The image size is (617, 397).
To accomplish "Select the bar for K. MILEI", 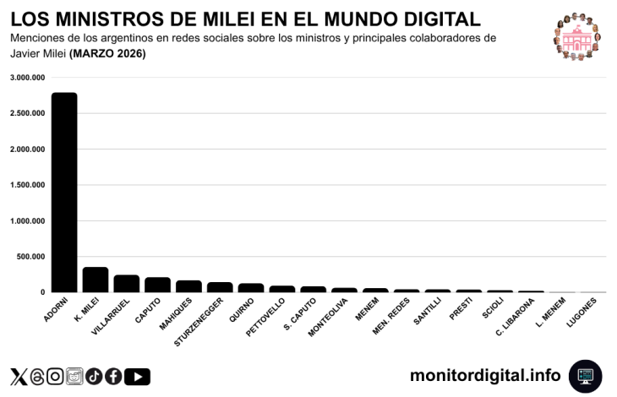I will [x=96, y=280].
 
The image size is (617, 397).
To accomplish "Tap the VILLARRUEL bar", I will [x=127, y=284].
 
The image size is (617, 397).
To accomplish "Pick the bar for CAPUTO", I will [x=157, y=285].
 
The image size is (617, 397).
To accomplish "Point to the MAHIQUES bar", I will [x=188, y=286].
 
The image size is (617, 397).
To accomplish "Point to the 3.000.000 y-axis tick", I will [x=28, y=78].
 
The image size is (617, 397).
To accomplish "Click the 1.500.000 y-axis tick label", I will [x=28, y=185].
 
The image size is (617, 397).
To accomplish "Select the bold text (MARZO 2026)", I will [x=107, y=54].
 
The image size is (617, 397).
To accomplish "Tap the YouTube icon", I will [x=137, y=377].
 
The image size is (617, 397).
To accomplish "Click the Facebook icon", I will [x=113, y=377].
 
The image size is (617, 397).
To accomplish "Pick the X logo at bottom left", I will [x=19, y=377].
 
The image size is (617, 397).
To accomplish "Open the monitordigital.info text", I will [x=485, y=375].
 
